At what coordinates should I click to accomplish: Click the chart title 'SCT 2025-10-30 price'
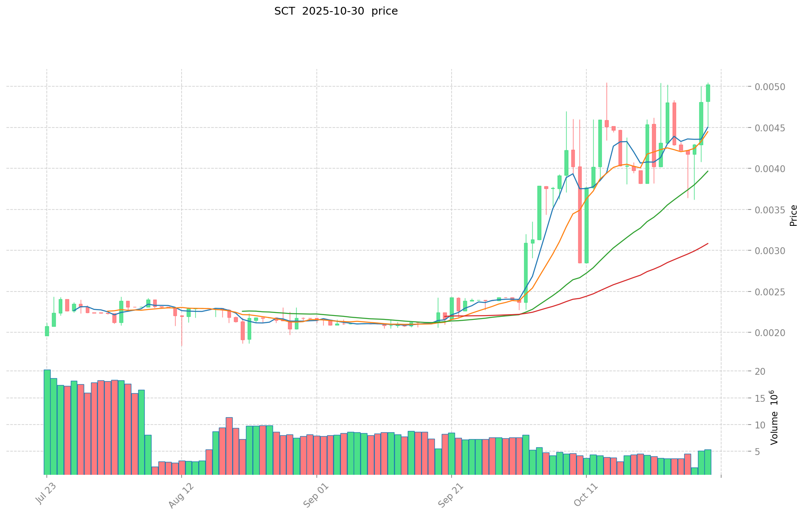[x=336, y=12]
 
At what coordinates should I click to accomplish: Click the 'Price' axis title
[x=793, y=216]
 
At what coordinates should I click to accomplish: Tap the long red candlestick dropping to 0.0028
[x=579, y=215]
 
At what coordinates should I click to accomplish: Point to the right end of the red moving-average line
[x=708, y=243]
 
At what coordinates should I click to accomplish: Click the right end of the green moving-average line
[x=708, y=171]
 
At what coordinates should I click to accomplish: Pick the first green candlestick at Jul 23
[x=47, y=331]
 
